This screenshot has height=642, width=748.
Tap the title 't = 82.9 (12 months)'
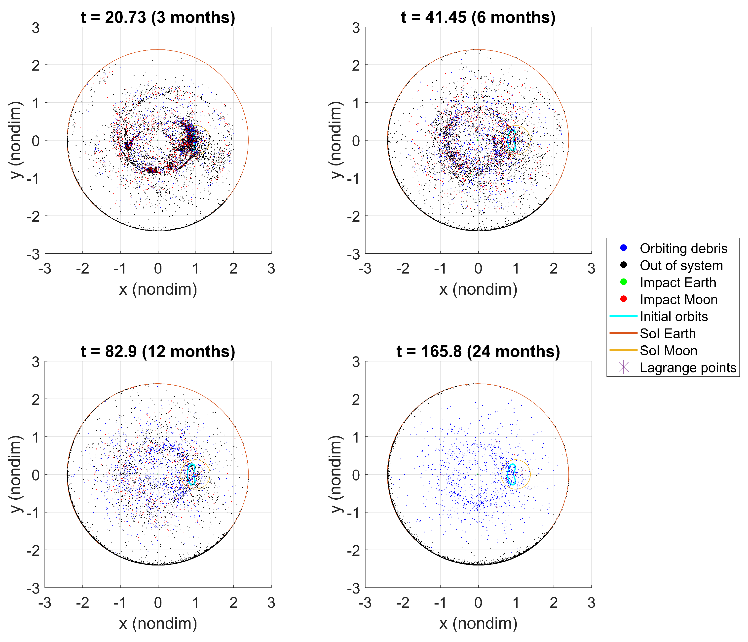158,351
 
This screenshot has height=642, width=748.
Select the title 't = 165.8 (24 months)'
478,351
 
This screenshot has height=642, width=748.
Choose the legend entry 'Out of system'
681,265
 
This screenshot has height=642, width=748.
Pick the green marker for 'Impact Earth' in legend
623,282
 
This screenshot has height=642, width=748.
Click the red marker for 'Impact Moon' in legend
623,299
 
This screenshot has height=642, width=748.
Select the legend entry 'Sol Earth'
668,333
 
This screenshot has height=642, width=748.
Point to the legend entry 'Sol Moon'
668,351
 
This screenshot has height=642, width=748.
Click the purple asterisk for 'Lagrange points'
623,367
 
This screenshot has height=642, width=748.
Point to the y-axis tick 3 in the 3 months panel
35,27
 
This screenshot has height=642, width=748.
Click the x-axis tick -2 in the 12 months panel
83,603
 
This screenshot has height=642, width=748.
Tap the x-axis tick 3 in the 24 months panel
591,603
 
